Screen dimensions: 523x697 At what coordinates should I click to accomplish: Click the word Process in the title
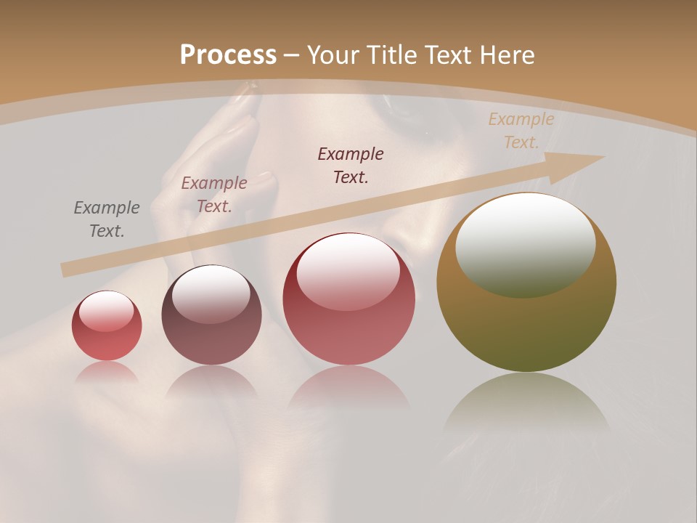point(228,55)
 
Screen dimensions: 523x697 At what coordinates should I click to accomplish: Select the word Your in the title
point(331,55)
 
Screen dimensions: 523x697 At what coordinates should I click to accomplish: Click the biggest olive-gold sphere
point(526,327)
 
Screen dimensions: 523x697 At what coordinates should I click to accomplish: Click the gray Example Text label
point(107,219)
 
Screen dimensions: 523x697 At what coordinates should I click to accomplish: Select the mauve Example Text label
point(214,195)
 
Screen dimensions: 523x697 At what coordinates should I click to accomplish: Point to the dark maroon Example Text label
point(351,165)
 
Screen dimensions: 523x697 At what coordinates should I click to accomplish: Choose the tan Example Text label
point(521,131)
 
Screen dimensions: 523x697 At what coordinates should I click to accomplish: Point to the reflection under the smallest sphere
point(107,373)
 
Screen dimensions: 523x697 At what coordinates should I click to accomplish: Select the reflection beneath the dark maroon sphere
point(211,381)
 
